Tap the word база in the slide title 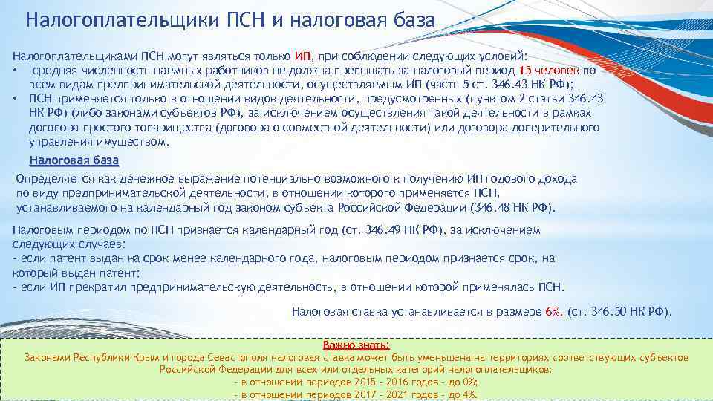[406, 19]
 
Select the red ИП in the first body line [303, 56]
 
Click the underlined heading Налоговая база [74, 160]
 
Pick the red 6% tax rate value [553, 312]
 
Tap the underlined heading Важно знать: [356, 345]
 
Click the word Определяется [48, 179]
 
